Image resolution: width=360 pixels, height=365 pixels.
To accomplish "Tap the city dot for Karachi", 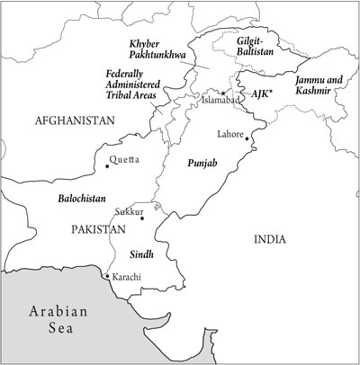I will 106,275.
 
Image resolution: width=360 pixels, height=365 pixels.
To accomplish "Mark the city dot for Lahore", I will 247,140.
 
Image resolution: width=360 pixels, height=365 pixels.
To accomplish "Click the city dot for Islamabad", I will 221,93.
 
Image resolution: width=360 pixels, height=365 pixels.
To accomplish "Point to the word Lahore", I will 230,133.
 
